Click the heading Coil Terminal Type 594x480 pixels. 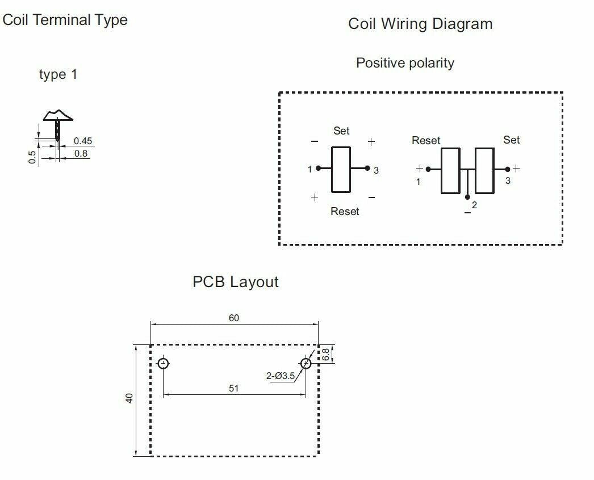point(65,20)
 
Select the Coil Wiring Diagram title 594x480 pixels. point(420,24)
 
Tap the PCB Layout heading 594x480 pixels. point(236,282)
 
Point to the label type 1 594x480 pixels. point(58,74)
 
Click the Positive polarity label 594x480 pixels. point(405,63)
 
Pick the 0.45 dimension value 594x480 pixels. point(83,141)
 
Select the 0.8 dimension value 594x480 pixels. point(82,153)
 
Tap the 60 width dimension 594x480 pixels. point(234,318)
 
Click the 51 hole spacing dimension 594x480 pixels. point(234,388)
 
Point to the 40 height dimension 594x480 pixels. point(129,398)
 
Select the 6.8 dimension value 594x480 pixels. point(325,354)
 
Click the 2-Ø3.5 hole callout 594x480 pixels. point(281,376)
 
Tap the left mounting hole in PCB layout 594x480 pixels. point(164,363)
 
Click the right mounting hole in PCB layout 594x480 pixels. point(306,363)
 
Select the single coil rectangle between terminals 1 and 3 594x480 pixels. point(341,169)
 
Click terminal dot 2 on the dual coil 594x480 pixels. point(467,197)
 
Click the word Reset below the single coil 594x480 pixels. point(345,212)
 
